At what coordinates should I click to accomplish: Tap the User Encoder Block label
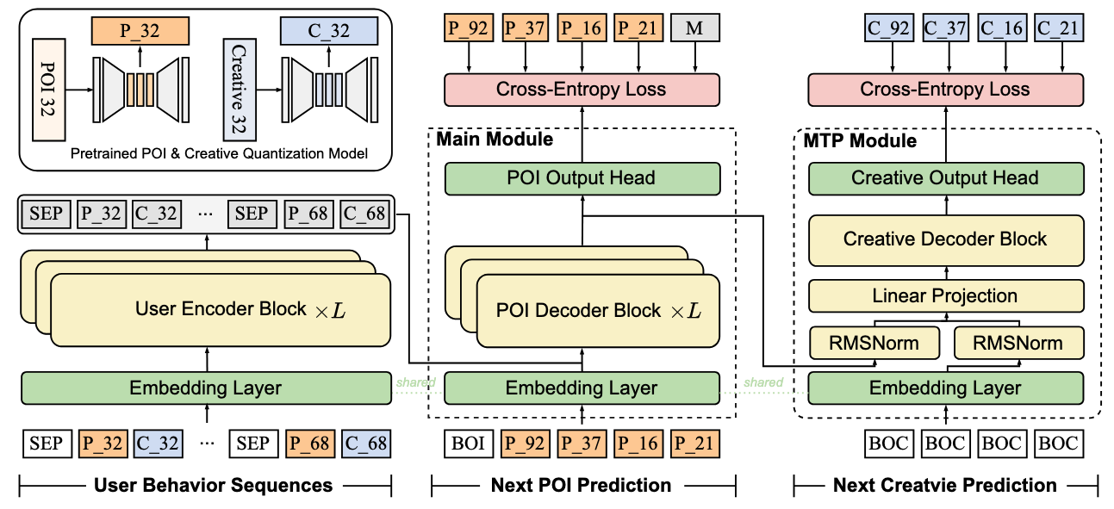[221, 309]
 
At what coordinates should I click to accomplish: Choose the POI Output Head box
[582, 178]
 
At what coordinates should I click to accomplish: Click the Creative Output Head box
[944, 178]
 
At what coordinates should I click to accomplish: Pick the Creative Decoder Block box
[944, 239]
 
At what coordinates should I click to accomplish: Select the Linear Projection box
[944, 296]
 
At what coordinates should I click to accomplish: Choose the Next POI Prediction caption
[582, 486]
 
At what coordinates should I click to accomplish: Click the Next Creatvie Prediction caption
[944, 486]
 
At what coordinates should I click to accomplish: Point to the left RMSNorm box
[872, 344]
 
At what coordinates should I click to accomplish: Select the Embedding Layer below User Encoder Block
[205, 388]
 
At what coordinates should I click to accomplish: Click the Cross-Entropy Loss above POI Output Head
[582, 89]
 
